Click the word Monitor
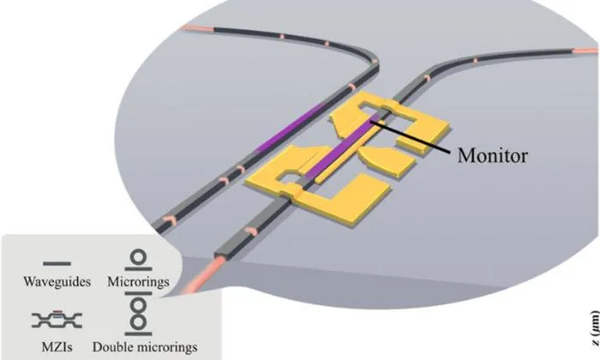tap(493, 155)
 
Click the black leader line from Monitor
tap(411, 138)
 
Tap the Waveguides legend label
tap(57, 282)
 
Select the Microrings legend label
tap(138, 282)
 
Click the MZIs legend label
tap(57, 347)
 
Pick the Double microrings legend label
tap(145, 347)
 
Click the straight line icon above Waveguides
tap(57, 264)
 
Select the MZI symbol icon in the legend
tap(57, 320)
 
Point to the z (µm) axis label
tap(595, 329)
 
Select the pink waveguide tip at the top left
tap(197, 28)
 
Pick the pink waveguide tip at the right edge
tap(585, 51)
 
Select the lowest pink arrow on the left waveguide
tap(171, 219)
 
